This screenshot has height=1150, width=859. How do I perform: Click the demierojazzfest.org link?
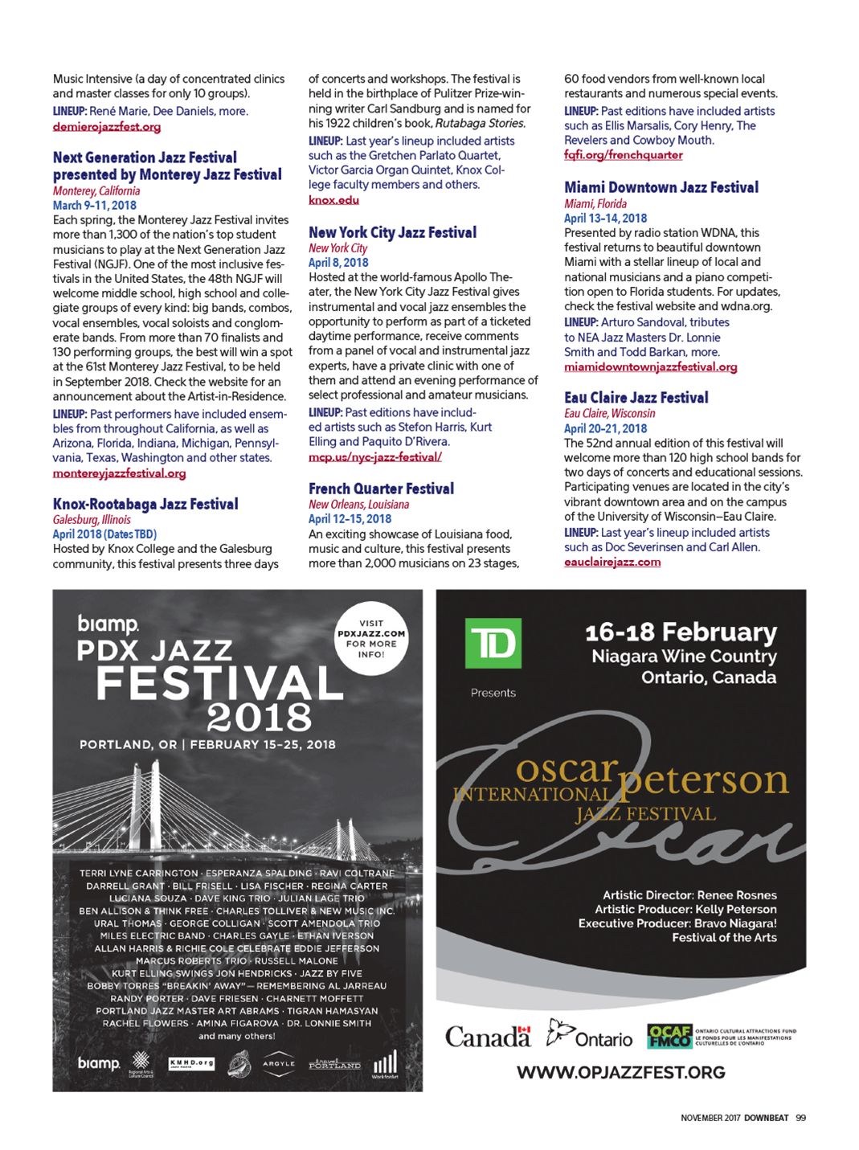pyautogui.click(x=106, y=127)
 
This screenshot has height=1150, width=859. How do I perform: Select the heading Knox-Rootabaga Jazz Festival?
pyautogui.click(x=145, y=504)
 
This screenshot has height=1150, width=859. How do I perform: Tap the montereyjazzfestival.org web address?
pyautogui.click(x=119, y=473)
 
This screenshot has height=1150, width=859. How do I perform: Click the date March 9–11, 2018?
pyautogui.click(x=95, y=205)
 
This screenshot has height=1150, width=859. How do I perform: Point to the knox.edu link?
pyautogui.click(x=333, y=200)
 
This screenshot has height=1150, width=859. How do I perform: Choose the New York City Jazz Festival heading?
pyautogui.click(x=392, y=232)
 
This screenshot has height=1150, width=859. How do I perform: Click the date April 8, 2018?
pyautogui.click(x=338, y=263)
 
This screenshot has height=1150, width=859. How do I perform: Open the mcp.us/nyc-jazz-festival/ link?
pyautogui.click(x=374, y=456)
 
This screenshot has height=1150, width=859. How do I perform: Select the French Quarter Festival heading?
pyautogui.click(x=381, y=489)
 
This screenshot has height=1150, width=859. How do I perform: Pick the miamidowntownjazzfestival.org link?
pyautogui.click(x=650, y=367)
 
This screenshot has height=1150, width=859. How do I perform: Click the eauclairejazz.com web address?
pyautogui.click(x=612, y=562)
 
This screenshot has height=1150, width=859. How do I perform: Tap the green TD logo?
pyautogui.click(x=493, y=643)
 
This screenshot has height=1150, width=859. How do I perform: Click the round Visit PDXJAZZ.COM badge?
pyautogui.click(x=371, y=638)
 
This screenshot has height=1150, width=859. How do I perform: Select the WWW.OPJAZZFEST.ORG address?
pyautogui.click(x=620, y=1072)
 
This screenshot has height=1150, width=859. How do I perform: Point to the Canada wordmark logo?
pyautogui.click(x=488, y=1037)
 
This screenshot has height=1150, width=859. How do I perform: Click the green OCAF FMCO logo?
pyautogui.click(x=669, y=1036)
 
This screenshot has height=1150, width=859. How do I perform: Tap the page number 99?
pyautogui.click(x=800, y=1118)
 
